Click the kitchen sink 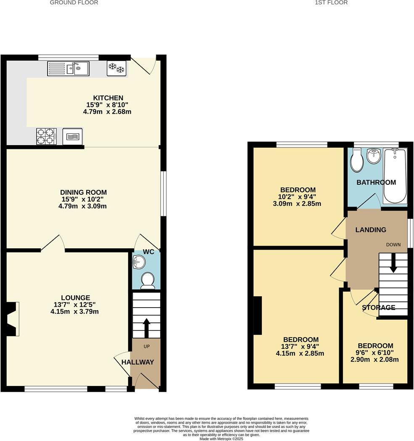click(68, 68)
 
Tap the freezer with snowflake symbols click(116, 68)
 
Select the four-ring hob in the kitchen click(46, 136)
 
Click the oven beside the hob click(73, 136)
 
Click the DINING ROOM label click(84, 192)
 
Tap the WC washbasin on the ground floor click(138, 263)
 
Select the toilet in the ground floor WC click(147, 280)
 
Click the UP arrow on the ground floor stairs click(146, 328)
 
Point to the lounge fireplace click(12, 319)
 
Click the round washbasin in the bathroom click(374, 157)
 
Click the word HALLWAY click(138, 362)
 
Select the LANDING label click(371, 230)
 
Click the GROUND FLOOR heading click(74, 3)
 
